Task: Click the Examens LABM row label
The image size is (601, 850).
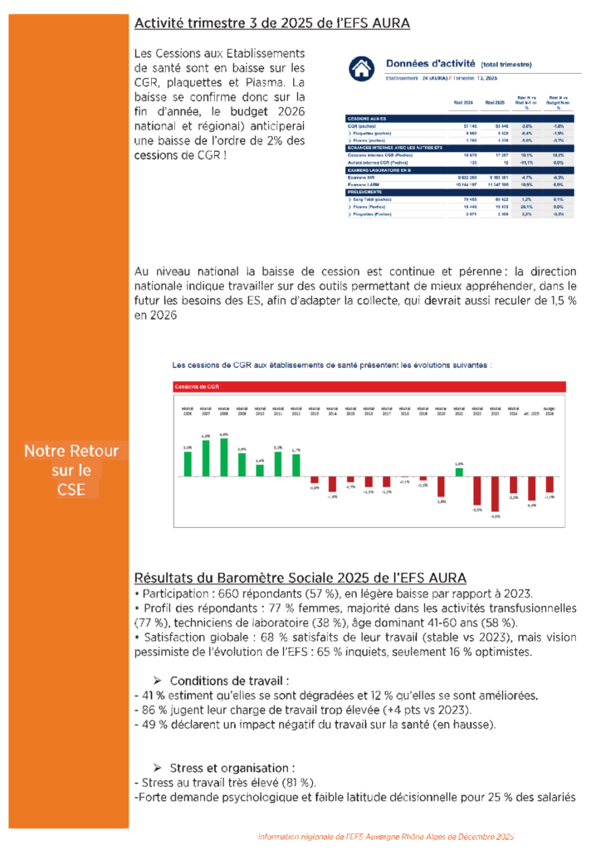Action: coord(365,184)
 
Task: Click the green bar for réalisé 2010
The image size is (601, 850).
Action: coord(260,471)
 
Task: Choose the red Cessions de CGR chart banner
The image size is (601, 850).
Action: coord(369,387)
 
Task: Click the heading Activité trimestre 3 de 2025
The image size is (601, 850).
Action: coord(271,23)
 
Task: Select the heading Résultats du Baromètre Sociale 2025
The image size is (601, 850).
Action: coord(300,577)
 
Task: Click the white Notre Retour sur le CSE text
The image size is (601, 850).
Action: coord(71,471)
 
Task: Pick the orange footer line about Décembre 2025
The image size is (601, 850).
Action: coord(386,837)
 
